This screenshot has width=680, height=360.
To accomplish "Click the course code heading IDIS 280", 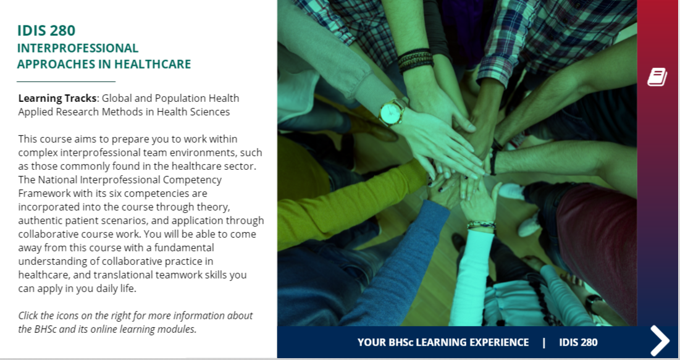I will tap(46, 30).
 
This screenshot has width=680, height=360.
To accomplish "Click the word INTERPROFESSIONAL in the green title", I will tap(78, 48).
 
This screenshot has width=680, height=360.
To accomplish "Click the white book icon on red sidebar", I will tap(657, 77).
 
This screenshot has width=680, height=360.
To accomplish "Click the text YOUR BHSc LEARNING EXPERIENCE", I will tap(443, 342).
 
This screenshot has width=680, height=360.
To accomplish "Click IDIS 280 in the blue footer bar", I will tap(578, 342).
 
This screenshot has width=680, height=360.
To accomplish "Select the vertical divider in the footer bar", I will tap(544, 342).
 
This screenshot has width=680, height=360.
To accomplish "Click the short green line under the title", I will tap(66, 82).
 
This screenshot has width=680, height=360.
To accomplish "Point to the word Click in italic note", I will tap(29, 316).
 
